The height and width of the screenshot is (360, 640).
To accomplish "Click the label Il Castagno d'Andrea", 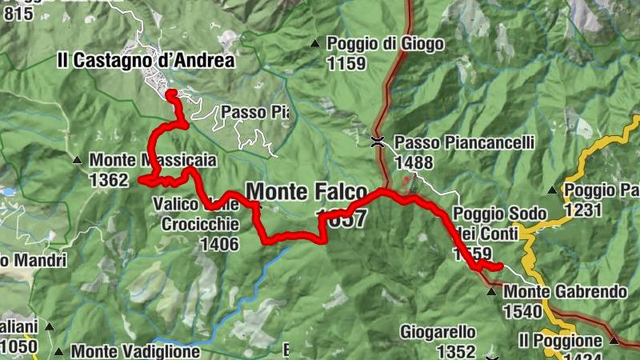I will (x=146, y=60).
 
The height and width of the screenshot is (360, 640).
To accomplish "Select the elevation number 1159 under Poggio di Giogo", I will (x=346, y=63).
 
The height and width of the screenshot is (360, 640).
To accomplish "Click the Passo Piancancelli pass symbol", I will (x=378, y=142).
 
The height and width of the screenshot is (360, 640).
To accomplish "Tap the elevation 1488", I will (x=414, y=162).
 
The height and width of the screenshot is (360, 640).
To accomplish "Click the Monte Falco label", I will (x=306, y=191).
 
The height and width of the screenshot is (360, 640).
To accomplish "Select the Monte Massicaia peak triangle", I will (x=77, y=159).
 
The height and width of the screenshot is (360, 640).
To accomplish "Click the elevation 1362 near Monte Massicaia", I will (x=109, y=180).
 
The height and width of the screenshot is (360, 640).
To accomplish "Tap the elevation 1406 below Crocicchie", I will (x=220, y=244).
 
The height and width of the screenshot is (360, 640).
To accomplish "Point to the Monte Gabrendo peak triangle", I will (x=491, y=292).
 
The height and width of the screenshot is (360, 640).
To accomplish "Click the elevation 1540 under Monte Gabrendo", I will (x=523, y=311).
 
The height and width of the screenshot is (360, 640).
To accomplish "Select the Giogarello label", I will (x=439, y=331).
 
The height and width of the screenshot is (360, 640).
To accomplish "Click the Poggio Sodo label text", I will (x=499, y=214).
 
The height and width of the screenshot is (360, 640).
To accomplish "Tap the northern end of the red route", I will (x=170, y=94).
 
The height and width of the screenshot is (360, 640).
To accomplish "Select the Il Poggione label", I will (x=561, y=340).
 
